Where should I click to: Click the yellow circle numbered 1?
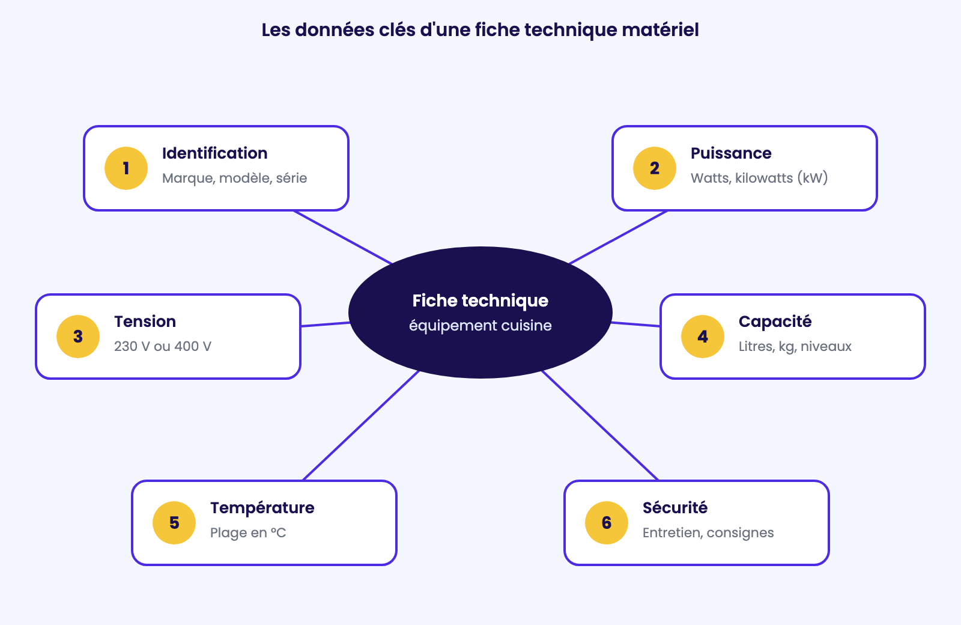pos(126,168)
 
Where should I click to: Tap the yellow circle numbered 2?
pos(655,168)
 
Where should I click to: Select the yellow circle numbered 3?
pos(78,337)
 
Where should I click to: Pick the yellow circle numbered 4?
pos(703,337)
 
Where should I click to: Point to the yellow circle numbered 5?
pos(174,523)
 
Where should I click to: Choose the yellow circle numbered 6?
pos(607,523)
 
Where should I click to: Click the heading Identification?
pos(215,153)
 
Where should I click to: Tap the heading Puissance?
pos(731,153)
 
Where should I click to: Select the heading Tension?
pos(145,322)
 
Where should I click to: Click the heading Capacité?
pos(775,322)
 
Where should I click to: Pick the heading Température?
pos(262,508)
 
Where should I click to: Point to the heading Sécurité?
pos(675,508)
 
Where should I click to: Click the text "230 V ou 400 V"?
pos(163,346)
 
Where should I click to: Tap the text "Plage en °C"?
pos(248,532)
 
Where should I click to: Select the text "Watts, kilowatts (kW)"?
pos(759,178)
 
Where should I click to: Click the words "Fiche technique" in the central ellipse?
pos(480,301)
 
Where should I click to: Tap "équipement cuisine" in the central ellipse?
pos(480,325)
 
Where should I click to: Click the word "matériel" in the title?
pos(660,30)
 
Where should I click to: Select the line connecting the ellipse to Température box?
pos(361,425)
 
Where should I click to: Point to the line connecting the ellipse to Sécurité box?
pos(600,425)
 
